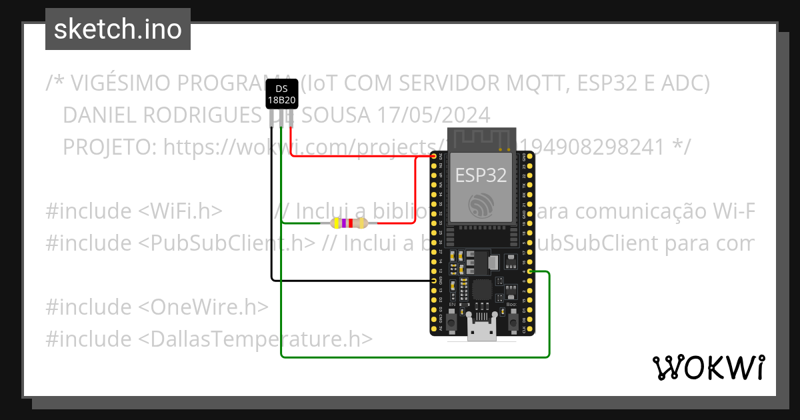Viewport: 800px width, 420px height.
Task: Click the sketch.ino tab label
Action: [117, 29]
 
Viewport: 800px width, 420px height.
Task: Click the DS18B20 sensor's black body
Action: [281, 94]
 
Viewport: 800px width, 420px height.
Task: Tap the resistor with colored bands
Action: [344, 223]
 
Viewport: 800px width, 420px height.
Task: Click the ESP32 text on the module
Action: [481, 175]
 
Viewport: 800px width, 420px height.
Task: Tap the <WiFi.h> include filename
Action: [180, 211]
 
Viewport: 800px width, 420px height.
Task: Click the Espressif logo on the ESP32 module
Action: [481, 204]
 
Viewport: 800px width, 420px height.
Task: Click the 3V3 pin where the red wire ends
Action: [435, 157]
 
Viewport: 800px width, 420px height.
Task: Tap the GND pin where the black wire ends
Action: [435, 281]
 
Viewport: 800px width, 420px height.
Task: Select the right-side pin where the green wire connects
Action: [529, 272]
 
